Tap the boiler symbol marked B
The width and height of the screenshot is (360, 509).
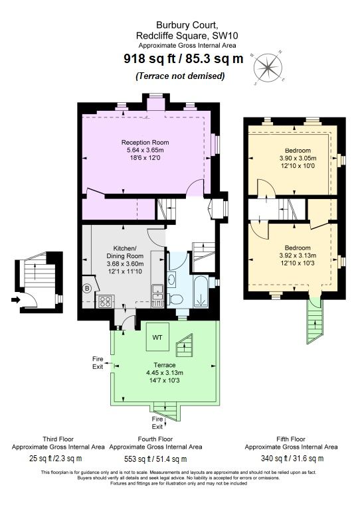[x=87, y=288]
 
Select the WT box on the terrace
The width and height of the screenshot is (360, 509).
[x=157, y=337]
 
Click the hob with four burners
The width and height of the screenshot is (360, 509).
[x=106, y=302]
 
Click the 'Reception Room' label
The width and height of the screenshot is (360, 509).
[x=145, y=143]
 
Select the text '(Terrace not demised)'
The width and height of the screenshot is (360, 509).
[x=179, y=76]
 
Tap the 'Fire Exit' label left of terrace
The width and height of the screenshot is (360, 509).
[x=98, y=362]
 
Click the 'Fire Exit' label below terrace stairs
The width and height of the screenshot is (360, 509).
[x=157, y=423]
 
